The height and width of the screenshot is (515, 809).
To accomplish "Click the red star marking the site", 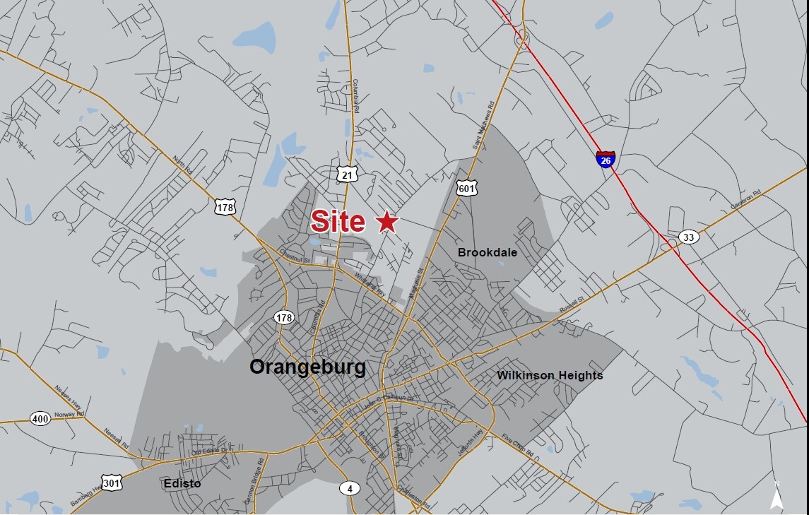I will (x=386, y=223).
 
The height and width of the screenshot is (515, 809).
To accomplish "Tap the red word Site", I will (x=338, y=222).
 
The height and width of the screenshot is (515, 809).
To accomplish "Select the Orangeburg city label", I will (x=308, y=367).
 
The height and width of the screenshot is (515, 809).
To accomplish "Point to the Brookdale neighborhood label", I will (x=488, y=252).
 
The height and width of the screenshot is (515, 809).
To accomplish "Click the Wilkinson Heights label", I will (x=550, y=375).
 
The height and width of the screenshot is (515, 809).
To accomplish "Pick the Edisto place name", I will (x=182, y=484).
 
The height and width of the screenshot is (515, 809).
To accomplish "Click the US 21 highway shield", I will (x=346, y=174).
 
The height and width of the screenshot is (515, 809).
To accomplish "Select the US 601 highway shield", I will (x=467, y=188).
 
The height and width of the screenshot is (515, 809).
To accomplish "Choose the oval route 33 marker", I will (x=688, y=237).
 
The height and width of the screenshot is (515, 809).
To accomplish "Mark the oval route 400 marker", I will (x=41, y=419).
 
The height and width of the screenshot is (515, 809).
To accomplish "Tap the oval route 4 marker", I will (x=349, y=488).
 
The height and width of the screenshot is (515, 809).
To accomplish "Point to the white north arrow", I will (x=776, y=497).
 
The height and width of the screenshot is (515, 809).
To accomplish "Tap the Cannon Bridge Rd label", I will (x=253, y=478).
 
